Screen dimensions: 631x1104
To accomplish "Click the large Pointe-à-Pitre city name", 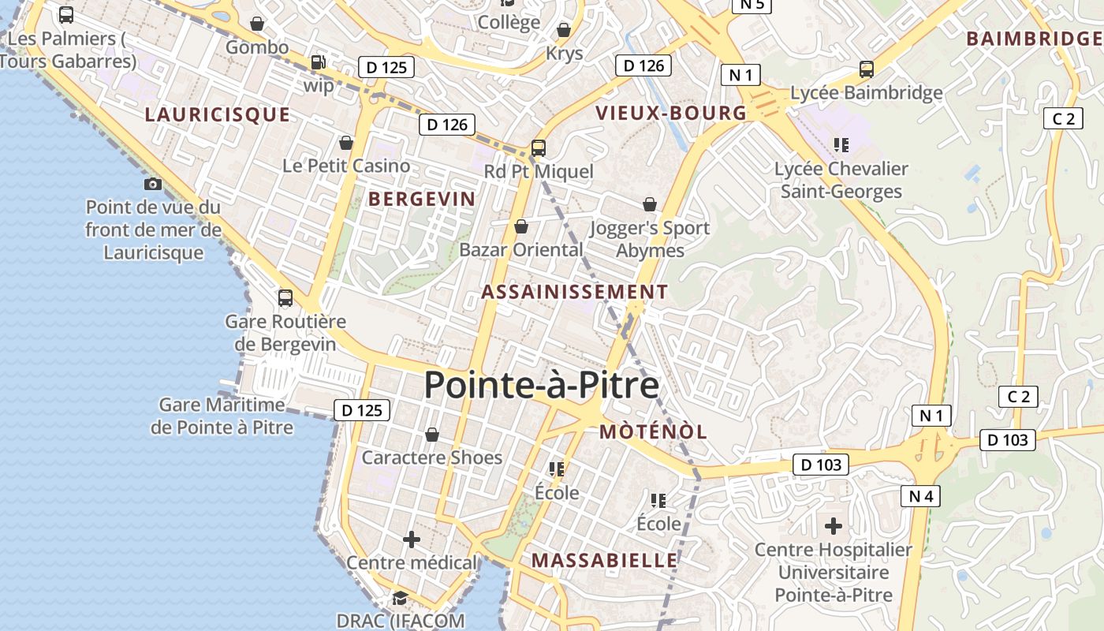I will [x=541, y=386].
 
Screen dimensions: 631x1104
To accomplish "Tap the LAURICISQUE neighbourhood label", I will [x=218, y=114].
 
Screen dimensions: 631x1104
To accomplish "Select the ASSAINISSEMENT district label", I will [x=574, y=292].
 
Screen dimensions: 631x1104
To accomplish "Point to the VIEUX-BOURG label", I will [x=671, y=113].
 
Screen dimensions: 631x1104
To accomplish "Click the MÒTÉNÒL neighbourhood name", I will [x=653, y=431].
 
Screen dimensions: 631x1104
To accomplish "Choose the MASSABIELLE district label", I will [x=604, y=560].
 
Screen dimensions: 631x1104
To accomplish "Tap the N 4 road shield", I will [x=920, y=496].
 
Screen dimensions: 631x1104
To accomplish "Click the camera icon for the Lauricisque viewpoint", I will [x=153, y=184].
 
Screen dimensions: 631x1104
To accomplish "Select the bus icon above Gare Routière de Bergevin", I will [x=285, y=298].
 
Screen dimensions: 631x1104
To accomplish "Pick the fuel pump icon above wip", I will [x=318, y=62].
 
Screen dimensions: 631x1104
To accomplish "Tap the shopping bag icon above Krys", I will [x=564, y=30].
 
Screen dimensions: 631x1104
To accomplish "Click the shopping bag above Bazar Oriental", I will [x=520, y=227].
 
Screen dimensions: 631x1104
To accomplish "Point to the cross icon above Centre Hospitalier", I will [x=834, y=525].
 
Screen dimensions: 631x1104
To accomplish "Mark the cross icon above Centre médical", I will [x=412, y=540].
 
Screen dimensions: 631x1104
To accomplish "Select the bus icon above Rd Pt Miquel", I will [x=539, y=147].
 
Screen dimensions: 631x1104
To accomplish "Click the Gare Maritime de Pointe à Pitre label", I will [x=222, y=416].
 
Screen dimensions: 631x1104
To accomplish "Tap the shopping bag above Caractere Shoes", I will [x=431, y=435].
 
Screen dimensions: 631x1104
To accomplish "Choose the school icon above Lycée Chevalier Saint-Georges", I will [x=841, y=144].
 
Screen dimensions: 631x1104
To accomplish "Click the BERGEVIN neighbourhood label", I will [x=422, y=199].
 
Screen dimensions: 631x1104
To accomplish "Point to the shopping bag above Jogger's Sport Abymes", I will [x=650, y=204].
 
